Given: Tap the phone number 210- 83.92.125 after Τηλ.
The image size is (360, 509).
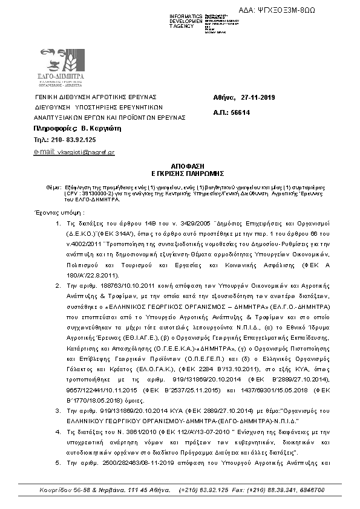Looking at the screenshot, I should click(x=71, y=140).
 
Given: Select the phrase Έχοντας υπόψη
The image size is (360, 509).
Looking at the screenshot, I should click(x=57, y=213).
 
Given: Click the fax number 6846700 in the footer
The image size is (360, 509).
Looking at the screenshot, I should click(x=313, y=490).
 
